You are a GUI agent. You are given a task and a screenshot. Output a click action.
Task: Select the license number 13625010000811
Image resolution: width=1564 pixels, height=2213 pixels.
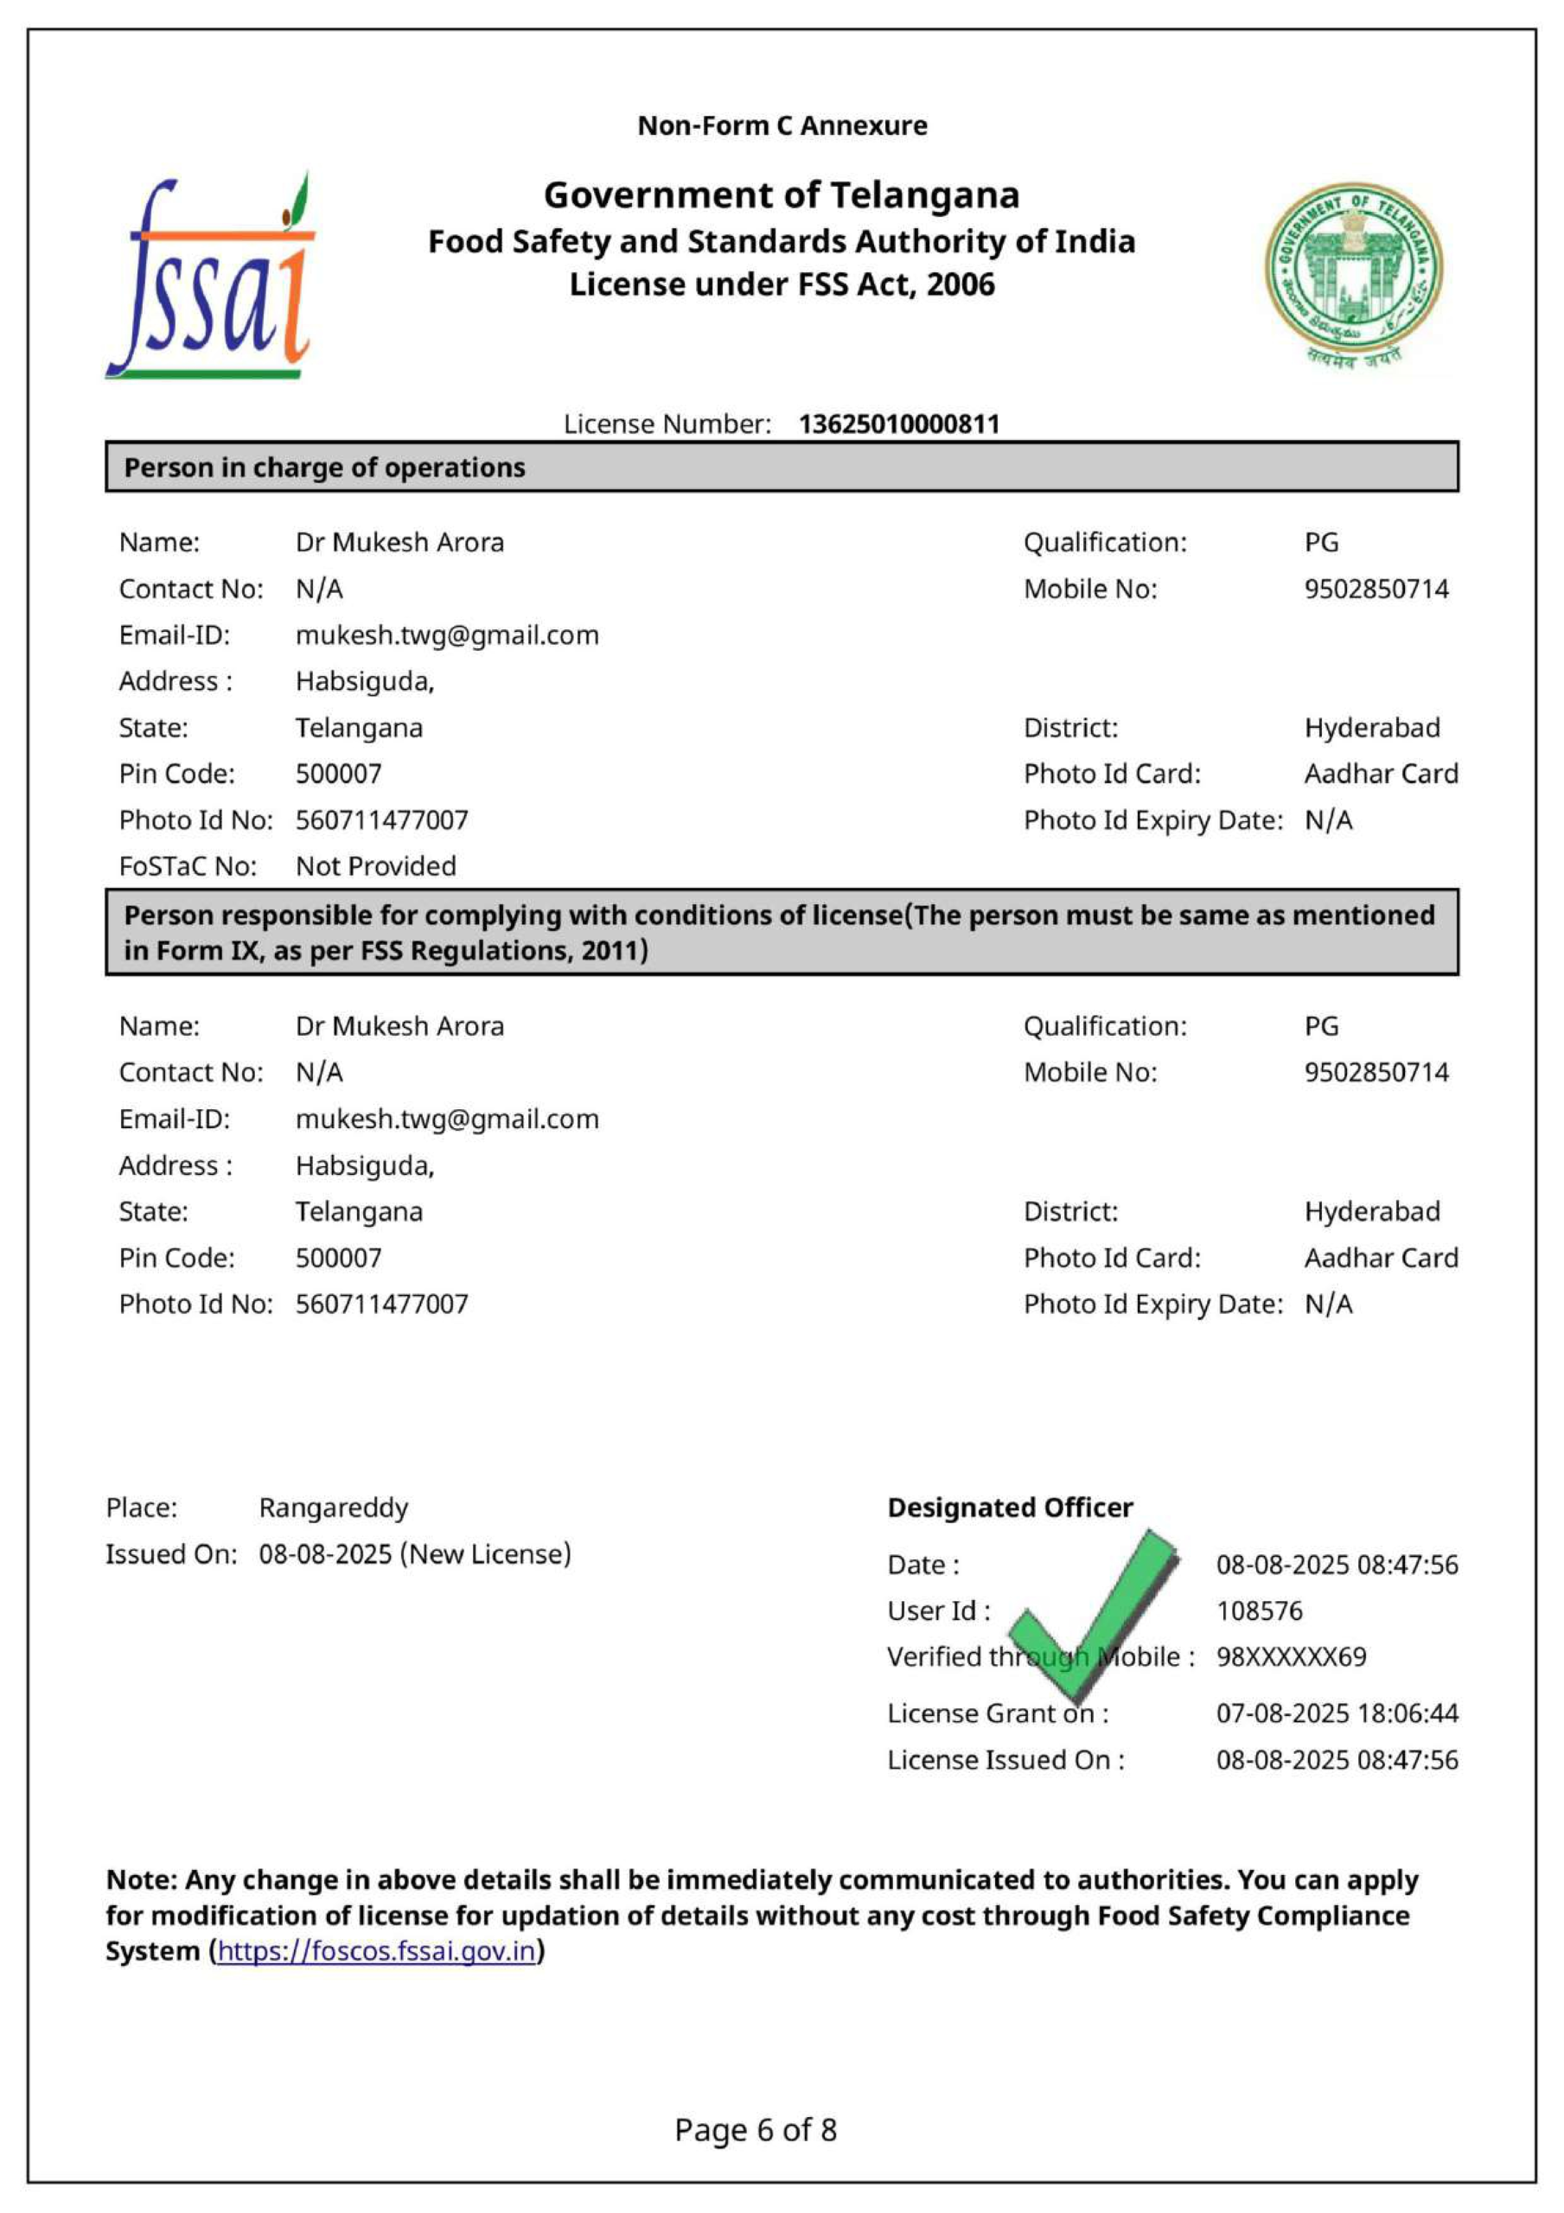pos(898,424)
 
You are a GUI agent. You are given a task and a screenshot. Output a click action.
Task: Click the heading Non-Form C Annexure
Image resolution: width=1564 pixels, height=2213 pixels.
pos(782,126)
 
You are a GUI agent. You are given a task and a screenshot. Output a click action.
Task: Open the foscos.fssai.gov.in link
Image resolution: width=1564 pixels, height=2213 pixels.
pos(376,1951)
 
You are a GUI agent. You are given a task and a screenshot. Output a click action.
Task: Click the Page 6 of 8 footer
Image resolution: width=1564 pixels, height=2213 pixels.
pos(755,2129)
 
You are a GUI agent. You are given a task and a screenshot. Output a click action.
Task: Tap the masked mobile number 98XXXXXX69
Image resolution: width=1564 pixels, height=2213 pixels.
pos(1290,1657)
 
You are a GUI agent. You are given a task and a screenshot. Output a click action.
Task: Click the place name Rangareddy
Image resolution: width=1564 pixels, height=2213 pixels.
pos(333,1508)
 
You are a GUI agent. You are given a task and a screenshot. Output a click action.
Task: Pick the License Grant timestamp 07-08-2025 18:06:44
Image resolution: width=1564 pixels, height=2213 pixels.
pos(1337,1712)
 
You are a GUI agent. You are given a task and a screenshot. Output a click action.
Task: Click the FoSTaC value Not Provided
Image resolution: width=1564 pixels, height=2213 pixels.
pos(375,866)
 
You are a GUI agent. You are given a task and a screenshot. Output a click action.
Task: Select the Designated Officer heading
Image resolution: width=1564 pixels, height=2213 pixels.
pos(1010,1508)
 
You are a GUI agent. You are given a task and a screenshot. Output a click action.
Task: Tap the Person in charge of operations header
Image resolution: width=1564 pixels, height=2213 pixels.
pos(324,468)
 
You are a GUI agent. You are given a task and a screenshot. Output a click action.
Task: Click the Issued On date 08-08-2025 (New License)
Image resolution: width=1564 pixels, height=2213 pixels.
pos(415,1553)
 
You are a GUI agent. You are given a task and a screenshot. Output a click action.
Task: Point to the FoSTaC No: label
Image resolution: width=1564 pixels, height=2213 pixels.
pos(187,866)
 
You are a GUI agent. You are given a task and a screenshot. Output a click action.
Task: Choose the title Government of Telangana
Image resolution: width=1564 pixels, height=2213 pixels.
pos(781,195)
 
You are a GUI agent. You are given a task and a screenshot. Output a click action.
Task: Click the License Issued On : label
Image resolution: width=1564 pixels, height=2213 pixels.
pos(1005,1760)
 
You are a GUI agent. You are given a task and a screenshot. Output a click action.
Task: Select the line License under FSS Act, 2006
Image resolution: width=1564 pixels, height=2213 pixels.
pos(781,285)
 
